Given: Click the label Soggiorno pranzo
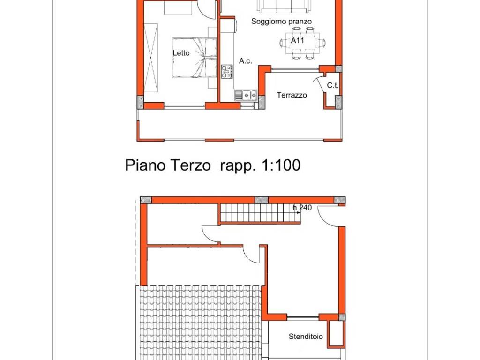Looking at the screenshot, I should click(x=281, y=21).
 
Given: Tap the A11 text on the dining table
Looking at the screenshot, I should click(x=298, y=41).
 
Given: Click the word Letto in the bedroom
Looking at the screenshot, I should click(x=181, y=53).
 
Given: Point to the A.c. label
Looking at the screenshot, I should click(x=246, y=61).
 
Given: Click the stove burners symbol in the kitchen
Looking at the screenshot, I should click(x=227, y=71).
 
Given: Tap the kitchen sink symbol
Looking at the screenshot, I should click(x=246, y=95).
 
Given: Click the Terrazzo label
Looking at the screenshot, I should click(x=292, y=95).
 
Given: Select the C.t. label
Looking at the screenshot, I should click(x=333, y=85).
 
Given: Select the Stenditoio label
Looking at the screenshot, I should click(x=306, y=337).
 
